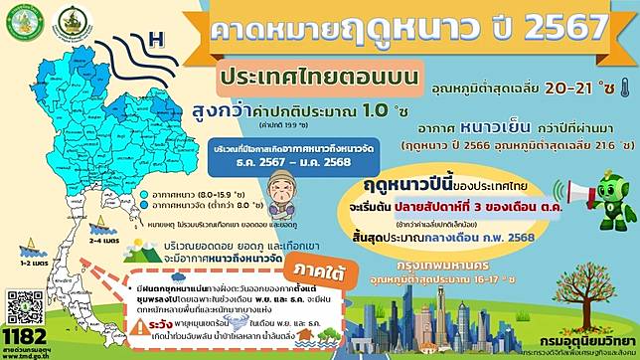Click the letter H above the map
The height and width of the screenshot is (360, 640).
(x=154, y=41)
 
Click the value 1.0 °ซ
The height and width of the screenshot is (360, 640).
(x=377, y=114)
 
